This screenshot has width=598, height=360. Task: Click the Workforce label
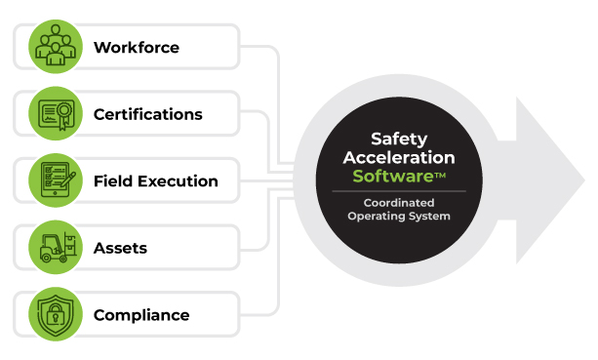pos(137,47)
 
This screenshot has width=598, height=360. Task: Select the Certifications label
pos(148,114)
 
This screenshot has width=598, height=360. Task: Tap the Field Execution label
pos(156,181)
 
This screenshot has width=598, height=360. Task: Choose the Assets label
pos(120,248)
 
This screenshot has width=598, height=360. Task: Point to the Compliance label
pos(141,315)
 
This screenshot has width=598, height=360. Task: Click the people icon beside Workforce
pos(56,47)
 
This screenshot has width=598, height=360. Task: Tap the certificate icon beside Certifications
pos(56,114)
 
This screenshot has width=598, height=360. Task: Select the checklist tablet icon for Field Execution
pos(56,181)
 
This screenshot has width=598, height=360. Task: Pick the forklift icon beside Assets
pos(56,248)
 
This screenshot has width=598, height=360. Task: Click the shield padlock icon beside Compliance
pos(56,315)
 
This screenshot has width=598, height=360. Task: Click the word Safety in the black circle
pos(398,140)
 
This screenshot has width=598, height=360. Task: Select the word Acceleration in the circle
pos(398,158)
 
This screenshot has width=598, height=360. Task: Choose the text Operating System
pos(399,216)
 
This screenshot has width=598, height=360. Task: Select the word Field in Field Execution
pos(112,181)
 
